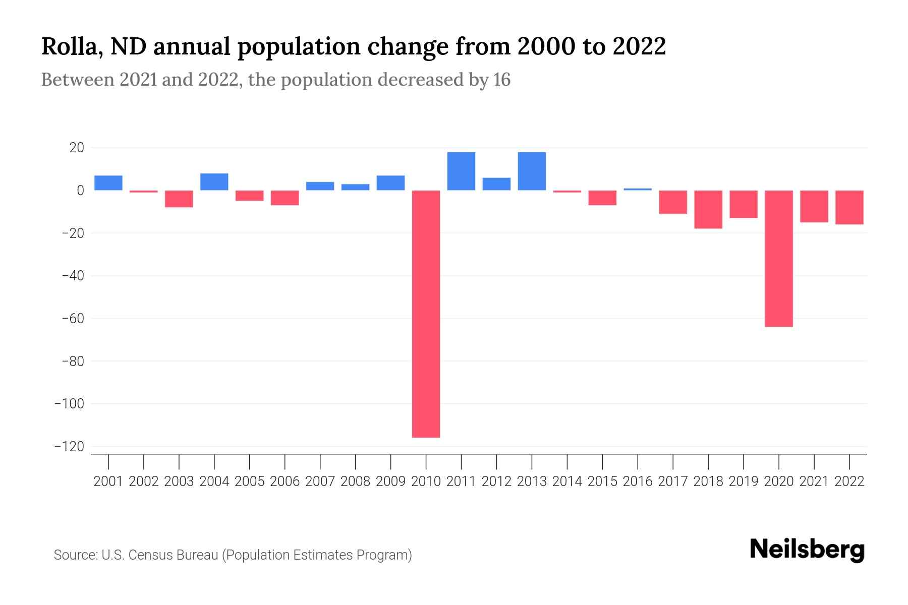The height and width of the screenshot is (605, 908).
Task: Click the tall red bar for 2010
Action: [x=426, y=314]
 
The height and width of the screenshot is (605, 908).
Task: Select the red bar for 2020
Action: [x=778, y=258]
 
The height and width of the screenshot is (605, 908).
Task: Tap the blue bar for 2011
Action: [x=461, y=171]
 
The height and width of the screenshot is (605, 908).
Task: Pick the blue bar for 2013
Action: [x=532, y=171]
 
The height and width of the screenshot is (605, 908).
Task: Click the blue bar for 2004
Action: [x=214, y=182]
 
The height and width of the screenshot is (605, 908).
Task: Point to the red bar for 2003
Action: [x=179, y=199]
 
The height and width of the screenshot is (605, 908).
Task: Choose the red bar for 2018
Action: [x=708, y=209]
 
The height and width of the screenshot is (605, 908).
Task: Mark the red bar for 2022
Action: [x=849, y=207]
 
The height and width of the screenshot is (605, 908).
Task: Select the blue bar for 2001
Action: [x=108, y=183]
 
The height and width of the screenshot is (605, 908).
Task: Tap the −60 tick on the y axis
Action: [x=73, y=319]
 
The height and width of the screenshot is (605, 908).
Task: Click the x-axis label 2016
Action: [x=638, y=481]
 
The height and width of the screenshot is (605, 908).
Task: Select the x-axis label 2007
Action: [x=320, y=481]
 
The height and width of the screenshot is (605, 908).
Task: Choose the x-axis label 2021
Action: [x=814, y=481]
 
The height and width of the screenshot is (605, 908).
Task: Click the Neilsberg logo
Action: [x=807, y=550]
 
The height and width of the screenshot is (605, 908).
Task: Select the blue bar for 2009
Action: [x=390, y=183]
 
